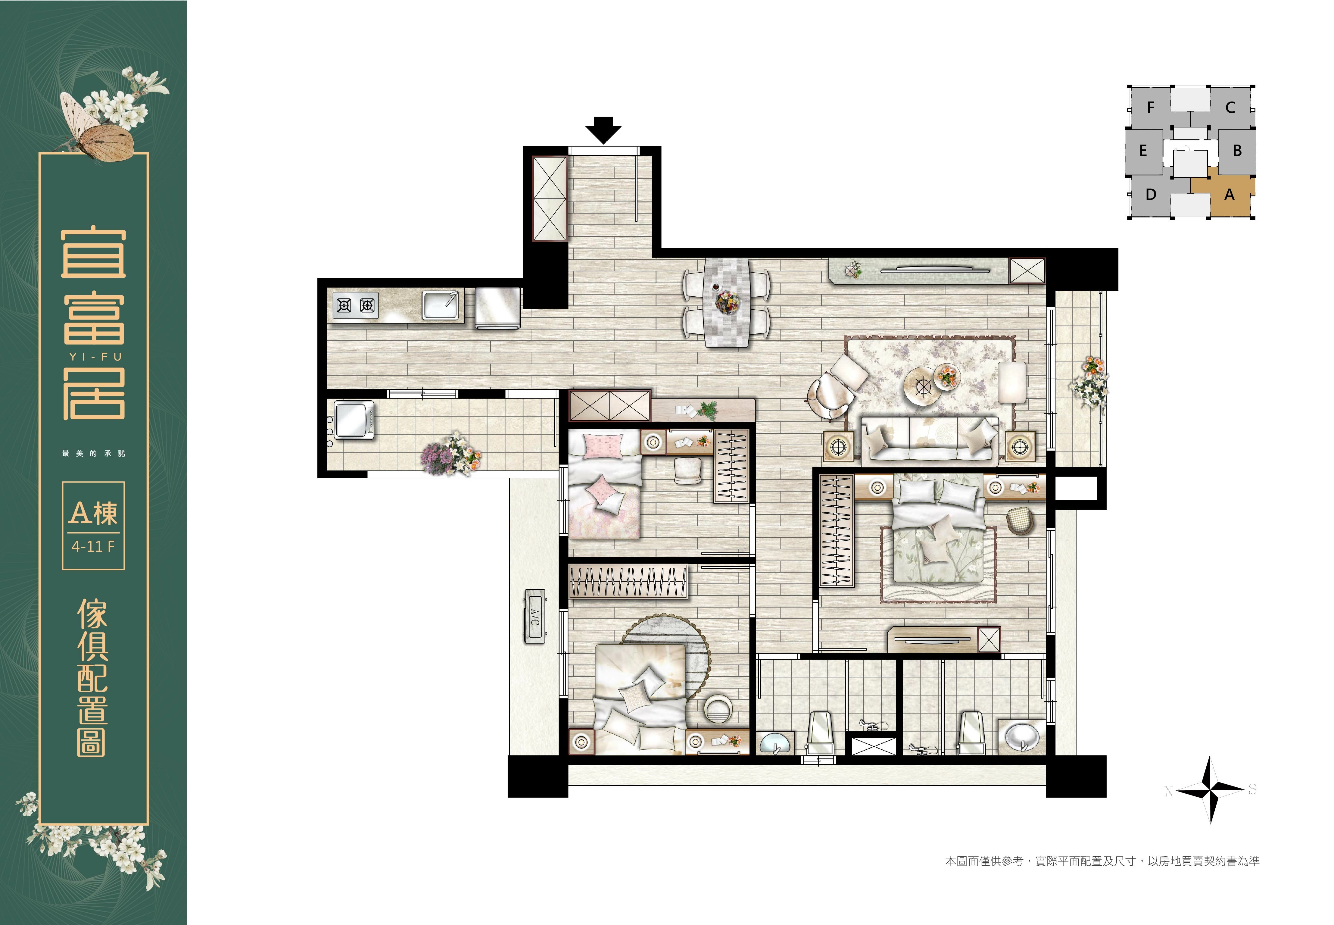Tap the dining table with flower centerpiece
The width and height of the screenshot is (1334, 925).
coord(727,302)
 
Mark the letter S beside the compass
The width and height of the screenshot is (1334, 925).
coord(1252,789)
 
